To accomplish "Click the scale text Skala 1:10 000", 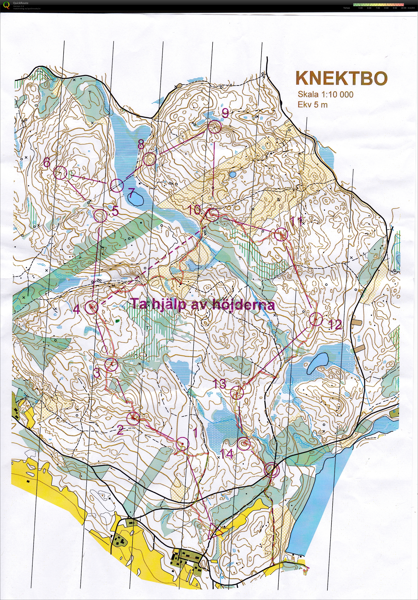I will [x=326, y=94].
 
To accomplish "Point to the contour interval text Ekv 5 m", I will [x=313, y=105].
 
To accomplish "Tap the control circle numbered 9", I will [x=215, y=127].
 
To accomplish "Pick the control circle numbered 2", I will [x=133, y=418].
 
